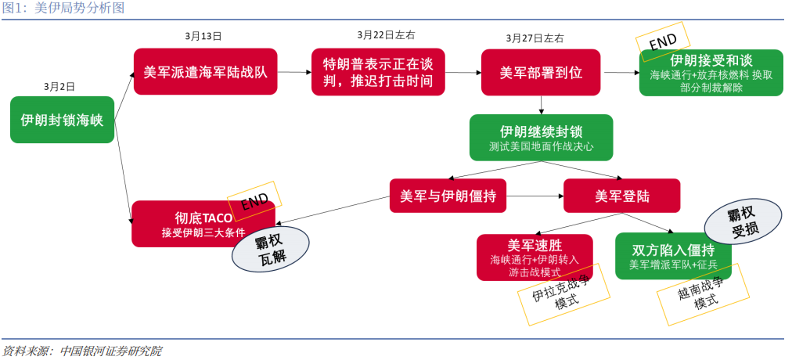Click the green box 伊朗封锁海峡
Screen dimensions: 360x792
point(63,120)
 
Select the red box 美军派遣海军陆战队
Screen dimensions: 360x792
point(205,72)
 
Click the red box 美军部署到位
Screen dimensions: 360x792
point(541,72)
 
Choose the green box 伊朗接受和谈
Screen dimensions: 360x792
point(711,73)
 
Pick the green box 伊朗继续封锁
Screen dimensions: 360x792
point(541,137)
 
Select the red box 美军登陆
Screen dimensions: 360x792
point(621,196)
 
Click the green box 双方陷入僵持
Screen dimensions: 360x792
point(672,256)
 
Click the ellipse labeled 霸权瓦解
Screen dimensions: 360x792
point(270,250)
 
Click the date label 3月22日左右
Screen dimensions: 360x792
point(386,35)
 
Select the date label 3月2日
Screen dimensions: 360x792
point(59,86)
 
